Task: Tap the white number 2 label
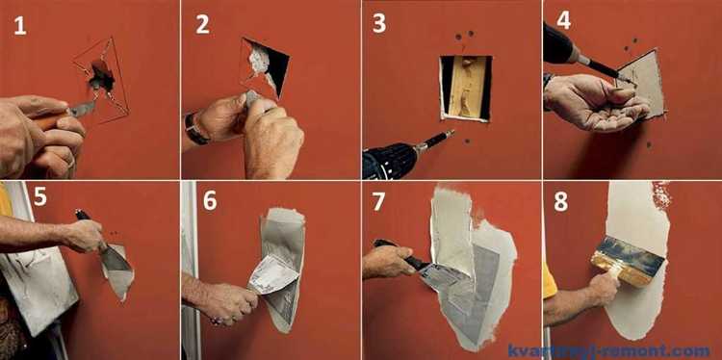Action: pos(202,24)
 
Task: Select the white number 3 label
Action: pos(379,23)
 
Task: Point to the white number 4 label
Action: pos(564,20)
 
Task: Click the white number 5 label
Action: pos(40,196)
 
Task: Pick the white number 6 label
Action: pos(210,201)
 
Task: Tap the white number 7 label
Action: pos(378,201)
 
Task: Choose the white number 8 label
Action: pos(561,201)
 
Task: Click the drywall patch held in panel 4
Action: pos(641,84)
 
